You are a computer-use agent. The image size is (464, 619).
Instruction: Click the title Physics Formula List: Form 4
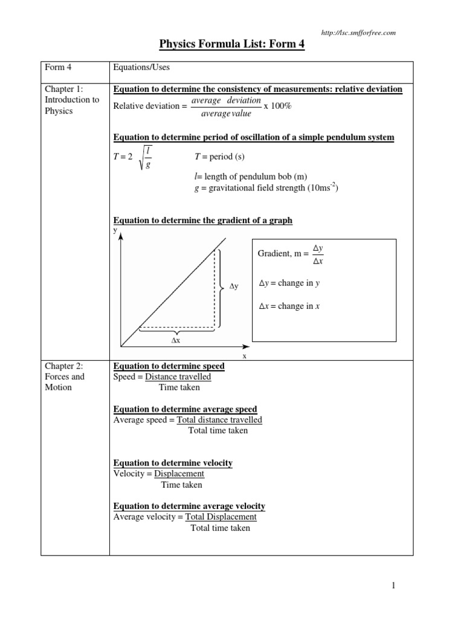231,45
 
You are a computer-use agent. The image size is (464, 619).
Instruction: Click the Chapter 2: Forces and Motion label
65,377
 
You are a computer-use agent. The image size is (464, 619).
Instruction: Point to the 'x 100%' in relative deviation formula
278,106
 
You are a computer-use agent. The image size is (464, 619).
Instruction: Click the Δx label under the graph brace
176,340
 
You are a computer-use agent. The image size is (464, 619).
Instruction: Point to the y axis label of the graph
116,230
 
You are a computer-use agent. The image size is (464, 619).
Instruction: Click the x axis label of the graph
245,356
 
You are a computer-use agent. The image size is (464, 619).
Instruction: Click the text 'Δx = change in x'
289,306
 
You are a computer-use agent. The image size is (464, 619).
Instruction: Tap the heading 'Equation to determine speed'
169,366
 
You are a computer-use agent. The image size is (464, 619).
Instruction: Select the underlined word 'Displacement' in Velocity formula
179,473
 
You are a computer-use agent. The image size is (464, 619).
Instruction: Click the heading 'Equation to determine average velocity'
189,506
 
